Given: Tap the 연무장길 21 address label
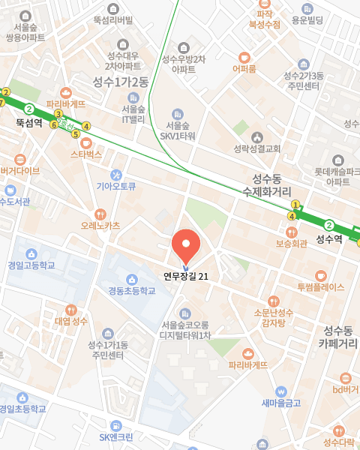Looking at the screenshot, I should pyautogui.click(x=186, y=276).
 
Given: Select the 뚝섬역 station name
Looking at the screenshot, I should pyautogui.click(x=28, y=121).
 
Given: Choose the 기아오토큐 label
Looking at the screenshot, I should pyautogui.click(x=115, y=187).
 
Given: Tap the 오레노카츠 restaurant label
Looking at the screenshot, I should pyautogui.click(x=100, y=224).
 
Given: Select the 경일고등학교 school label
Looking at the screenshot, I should pyautogui.click(x=31, y=265).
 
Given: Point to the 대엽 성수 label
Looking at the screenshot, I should pyautogui.click(x=71, y=321).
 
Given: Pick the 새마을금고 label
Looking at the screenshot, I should pyautogui.click(x=281, y=403).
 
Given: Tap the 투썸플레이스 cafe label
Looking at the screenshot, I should pyautogui.click(x=320, y=286).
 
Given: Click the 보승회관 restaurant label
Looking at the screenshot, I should pyautogui.click(x=292, y=243).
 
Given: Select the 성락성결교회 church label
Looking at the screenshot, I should pyautogui.click(x=257, y=148).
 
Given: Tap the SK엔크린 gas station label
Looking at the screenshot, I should pyautogui.click(x=115, y=437).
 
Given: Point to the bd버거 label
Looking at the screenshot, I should pyautogui.click(x=345, y=389).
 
